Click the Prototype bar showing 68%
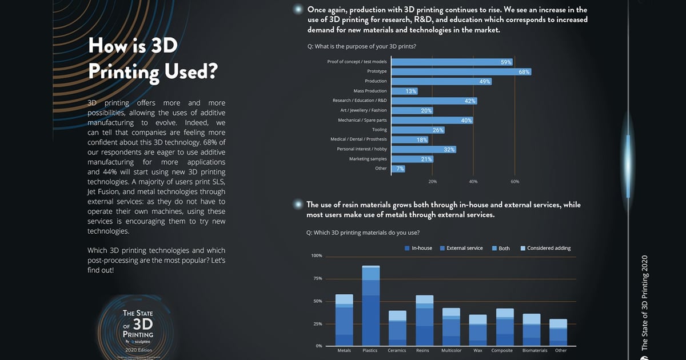(461, 72)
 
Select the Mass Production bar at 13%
(404, 91)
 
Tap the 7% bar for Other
(398, 169)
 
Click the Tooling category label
(379, 130)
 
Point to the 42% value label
(470, 101)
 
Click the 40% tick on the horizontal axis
(473, 181)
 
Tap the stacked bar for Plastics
(370, 306)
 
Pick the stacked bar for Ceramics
(397, 329)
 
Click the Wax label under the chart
(477, 350)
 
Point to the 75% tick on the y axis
(317, 278)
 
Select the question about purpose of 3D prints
(361, 46)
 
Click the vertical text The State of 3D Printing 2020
(644, 303)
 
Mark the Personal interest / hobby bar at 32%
(423, 149)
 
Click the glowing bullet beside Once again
(297, 10)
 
